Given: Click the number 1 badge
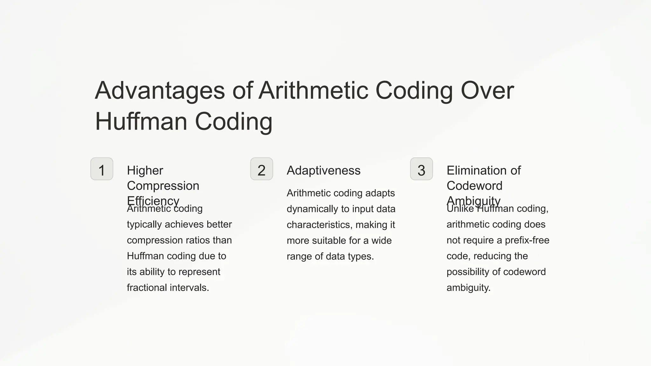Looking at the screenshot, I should pyautogui.click(x=102, y=169).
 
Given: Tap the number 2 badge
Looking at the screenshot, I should pyautogui.click(x=262, y=169).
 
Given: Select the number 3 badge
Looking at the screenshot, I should pyautogui.click(x=421, y=169).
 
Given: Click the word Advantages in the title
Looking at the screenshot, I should pyautogui.click(x=160, y=91).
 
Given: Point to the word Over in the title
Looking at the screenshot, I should pyautogui.click(x=487, y=91).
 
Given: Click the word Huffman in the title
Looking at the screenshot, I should pyautogui.click(x=141, y=121).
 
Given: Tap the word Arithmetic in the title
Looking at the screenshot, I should pyautogui.click(x=313, y=91).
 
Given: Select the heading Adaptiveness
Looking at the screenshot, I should pyautogui.click(x=324, y=171).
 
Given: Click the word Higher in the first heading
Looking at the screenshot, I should pyautogui.click(x=145, y=171).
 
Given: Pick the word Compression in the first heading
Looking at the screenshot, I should pyautogui.click(x=163, y=186).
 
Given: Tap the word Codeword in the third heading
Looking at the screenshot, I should pyautogui.click(x=474, y=186).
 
